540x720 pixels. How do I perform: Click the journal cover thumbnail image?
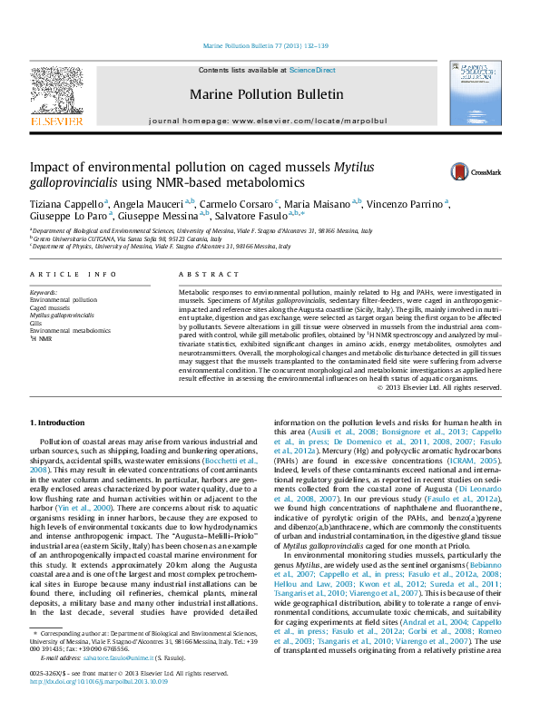click(x=475, y=93)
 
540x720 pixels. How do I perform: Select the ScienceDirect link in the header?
click(x=312, y=70)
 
